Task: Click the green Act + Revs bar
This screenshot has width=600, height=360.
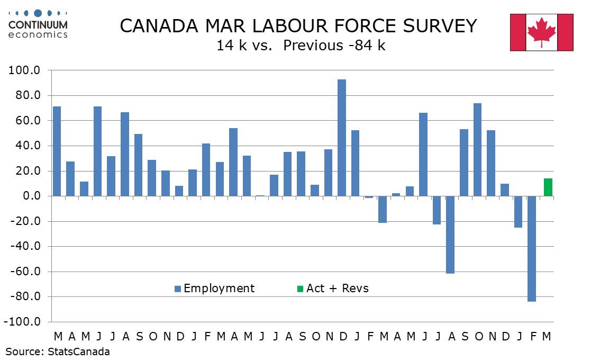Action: pyautogui.click(x=548, y=187)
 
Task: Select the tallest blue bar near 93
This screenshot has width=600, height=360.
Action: pyautogui.click(x=342, y=138)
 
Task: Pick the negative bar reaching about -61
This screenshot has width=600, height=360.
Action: pyautogui.click(x=450, y=235)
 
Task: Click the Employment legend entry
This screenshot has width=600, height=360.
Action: pyautogui.click(x=214, y=289)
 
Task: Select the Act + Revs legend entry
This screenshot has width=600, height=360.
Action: pyautogui.click(x=332, y=289)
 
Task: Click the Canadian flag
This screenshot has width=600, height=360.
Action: pyautogui.click(x=541, y=32)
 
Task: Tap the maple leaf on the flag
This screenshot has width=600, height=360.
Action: pyautogui.click(x=541, y=31)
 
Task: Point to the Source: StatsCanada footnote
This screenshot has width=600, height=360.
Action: pyautogui.click(x=58, y=351)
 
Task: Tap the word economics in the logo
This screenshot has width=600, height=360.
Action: pyautogui.click(x=38, y=34)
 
